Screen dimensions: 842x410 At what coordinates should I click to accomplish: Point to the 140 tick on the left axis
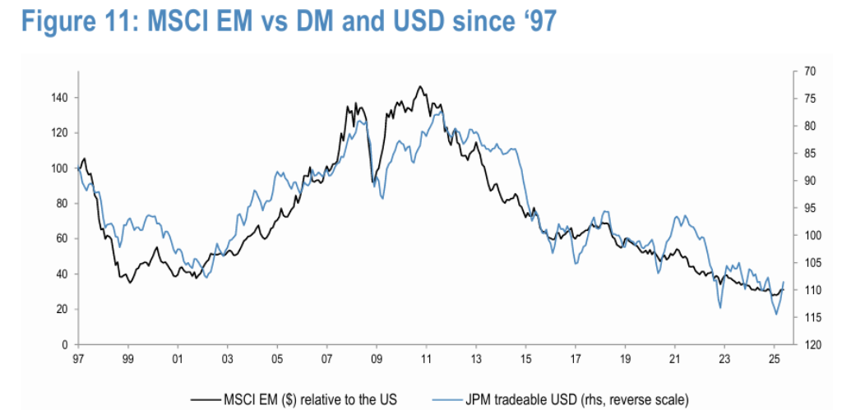(62, 98)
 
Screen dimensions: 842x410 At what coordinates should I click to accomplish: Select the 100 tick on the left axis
(62, 168)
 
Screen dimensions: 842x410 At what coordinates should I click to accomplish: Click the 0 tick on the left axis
(67, 344)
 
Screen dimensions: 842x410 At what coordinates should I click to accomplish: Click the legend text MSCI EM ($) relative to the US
(310, 399)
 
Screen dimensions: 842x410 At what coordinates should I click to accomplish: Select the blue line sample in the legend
(446, 400)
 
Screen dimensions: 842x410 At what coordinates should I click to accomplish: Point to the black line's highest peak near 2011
(420, 86)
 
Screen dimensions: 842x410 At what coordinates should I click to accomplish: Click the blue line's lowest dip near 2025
(776, 314)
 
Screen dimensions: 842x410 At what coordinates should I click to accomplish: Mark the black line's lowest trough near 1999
(129, 283)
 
